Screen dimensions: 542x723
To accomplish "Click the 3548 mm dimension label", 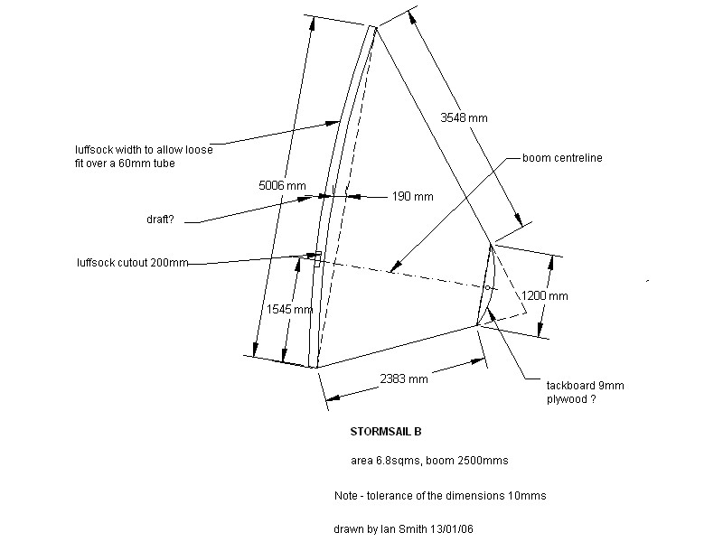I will coord(464,118).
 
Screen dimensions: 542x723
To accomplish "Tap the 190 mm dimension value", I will coord(411,196).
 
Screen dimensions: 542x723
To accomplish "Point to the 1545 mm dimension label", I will coord(290,309).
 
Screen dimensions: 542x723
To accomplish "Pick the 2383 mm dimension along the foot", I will coord(404,379).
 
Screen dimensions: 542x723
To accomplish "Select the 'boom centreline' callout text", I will coord(562,158).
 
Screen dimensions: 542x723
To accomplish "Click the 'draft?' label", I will coord(164,219).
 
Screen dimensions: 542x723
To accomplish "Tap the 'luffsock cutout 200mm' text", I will coord(133,263).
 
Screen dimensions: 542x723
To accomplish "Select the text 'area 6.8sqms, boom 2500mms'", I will coord(429,461).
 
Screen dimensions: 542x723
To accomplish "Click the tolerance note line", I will coord(439,496).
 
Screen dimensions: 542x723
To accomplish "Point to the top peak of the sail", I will coord(372,27).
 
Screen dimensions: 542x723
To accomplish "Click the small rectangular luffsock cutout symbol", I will coord(316,259).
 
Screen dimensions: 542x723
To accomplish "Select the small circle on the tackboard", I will coord(487,288).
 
